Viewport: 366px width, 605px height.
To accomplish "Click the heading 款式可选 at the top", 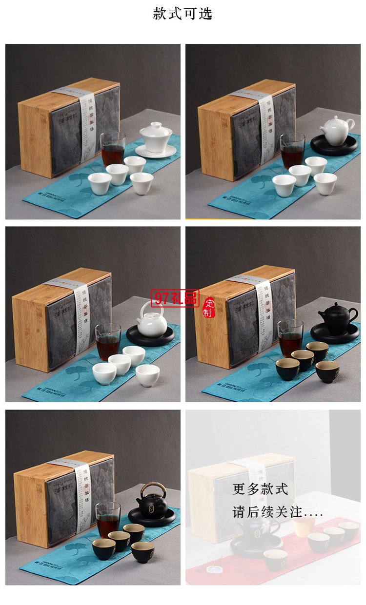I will click(183, 14).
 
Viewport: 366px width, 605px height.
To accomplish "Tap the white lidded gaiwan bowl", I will click(155, 137).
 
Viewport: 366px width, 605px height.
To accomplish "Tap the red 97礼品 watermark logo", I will click(174, 298).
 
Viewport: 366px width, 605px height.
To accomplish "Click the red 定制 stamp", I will click(208, 307).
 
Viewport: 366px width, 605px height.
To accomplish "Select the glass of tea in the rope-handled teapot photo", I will click(108, 520).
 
